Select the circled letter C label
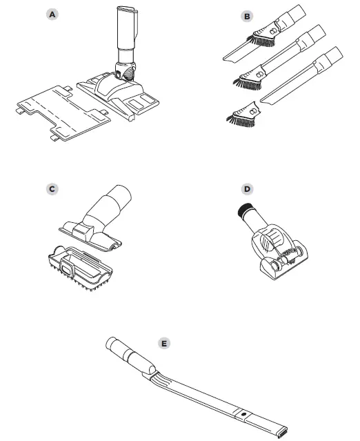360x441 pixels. tap(50, 188)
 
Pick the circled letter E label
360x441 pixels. tap(163, 342)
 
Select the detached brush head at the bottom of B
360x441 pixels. tap(241, 116)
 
